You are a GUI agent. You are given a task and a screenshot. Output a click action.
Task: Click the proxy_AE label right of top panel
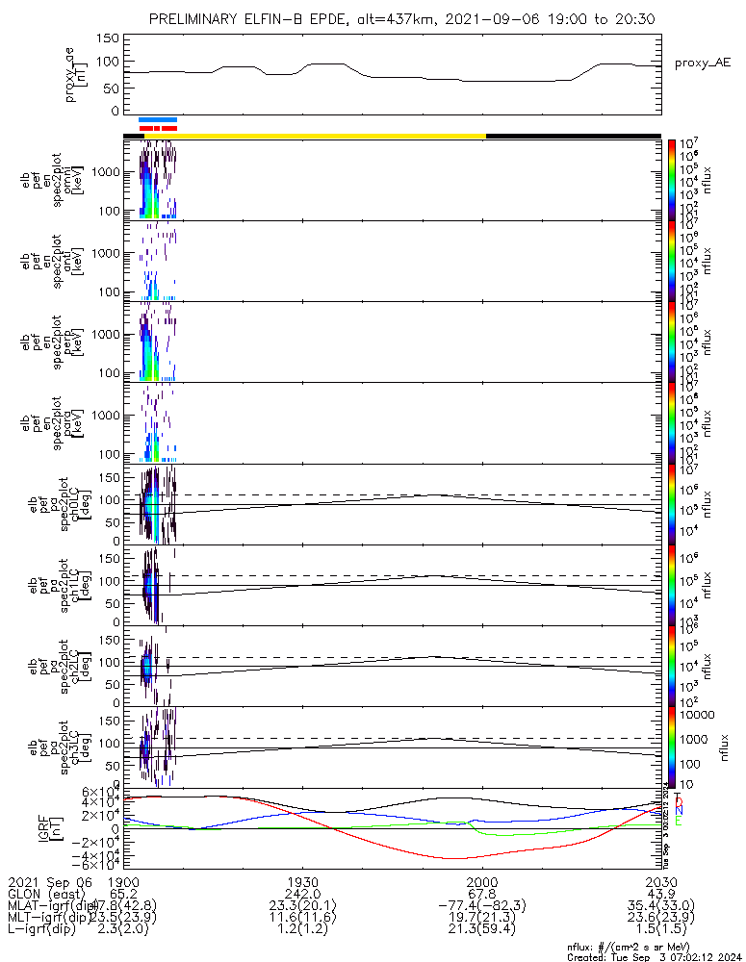[703, 63]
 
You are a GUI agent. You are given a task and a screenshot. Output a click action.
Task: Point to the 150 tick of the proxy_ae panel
[108, 38]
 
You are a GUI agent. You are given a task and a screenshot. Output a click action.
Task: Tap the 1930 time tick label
[302, 881]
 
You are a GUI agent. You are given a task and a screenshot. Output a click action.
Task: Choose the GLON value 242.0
[302, 894]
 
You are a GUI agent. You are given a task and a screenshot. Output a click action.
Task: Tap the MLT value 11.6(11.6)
[302, 919]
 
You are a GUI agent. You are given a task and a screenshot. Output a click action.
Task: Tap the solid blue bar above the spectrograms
[158, 119]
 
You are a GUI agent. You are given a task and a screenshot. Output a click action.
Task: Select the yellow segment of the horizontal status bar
[327, 136]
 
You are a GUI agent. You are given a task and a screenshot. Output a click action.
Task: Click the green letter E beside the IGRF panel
[678, 822]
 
